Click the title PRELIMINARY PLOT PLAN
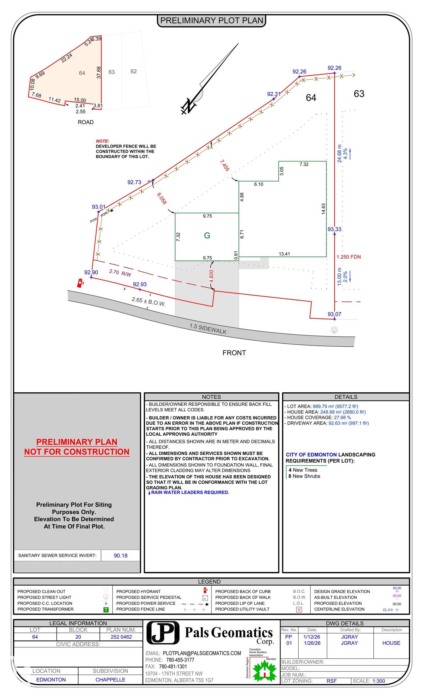211,21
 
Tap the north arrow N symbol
189,106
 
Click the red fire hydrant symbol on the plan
80,283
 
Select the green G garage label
207,236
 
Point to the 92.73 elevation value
134,182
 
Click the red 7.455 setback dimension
224,165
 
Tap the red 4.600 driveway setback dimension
211,276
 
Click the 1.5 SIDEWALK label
208,329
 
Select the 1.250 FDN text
349,257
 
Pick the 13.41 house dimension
284,254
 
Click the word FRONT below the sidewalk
234,353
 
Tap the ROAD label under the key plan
86,122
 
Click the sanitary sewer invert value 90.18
120,555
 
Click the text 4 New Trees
303,470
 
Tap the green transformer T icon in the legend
106,610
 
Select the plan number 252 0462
121,637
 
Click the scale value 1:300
379,681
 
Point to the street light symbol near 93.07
334,330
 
